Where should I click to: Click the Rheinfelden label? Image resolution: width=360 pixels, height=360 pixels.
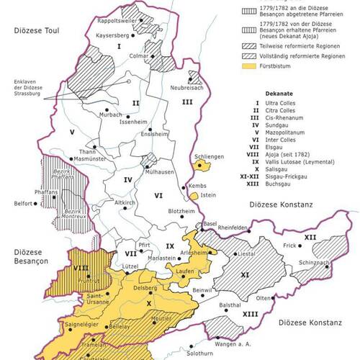(239, 228)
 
